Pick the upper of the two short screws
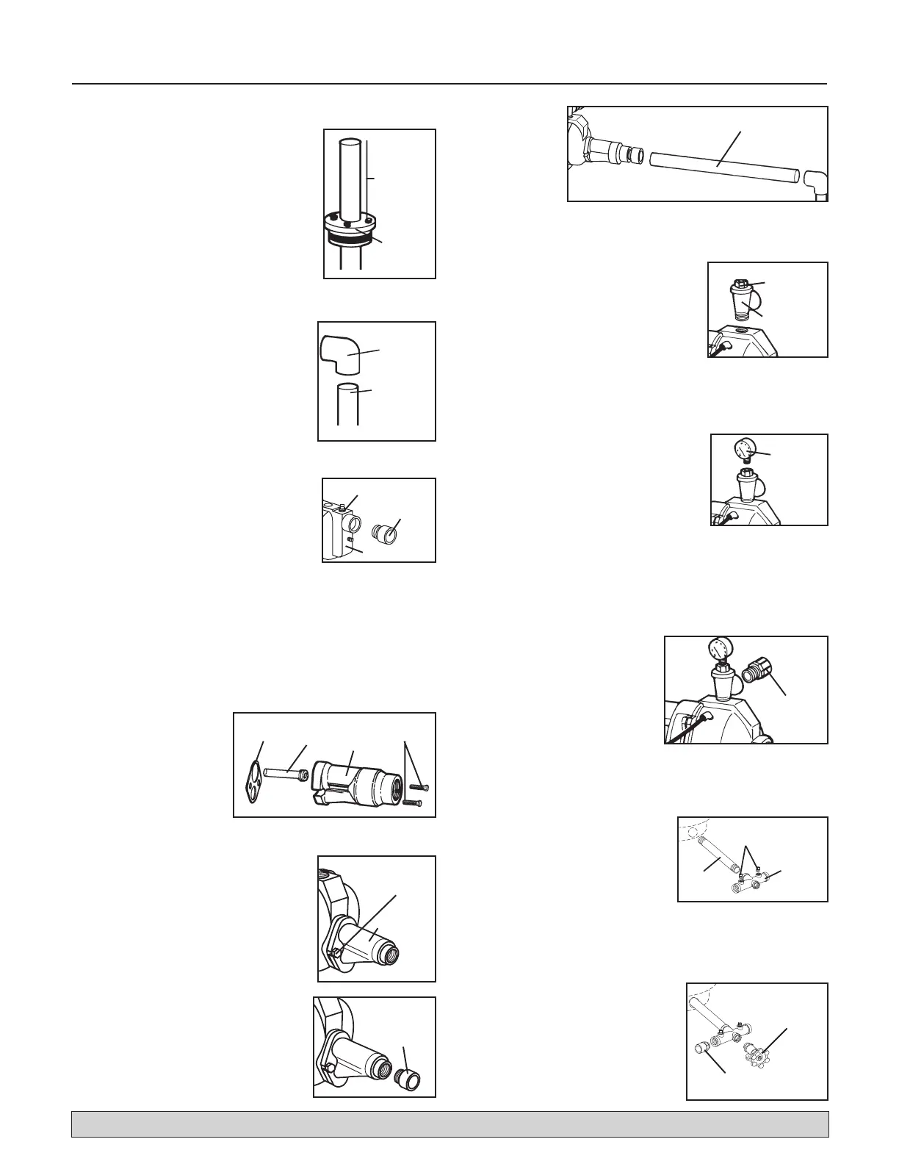point(418,788)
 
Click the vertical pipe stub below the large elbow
point(347,403)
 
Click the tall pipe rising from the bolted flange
point(350,176)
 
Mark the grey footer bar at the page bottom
point(450,1124)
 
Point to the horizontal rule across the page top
point(450,84)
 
